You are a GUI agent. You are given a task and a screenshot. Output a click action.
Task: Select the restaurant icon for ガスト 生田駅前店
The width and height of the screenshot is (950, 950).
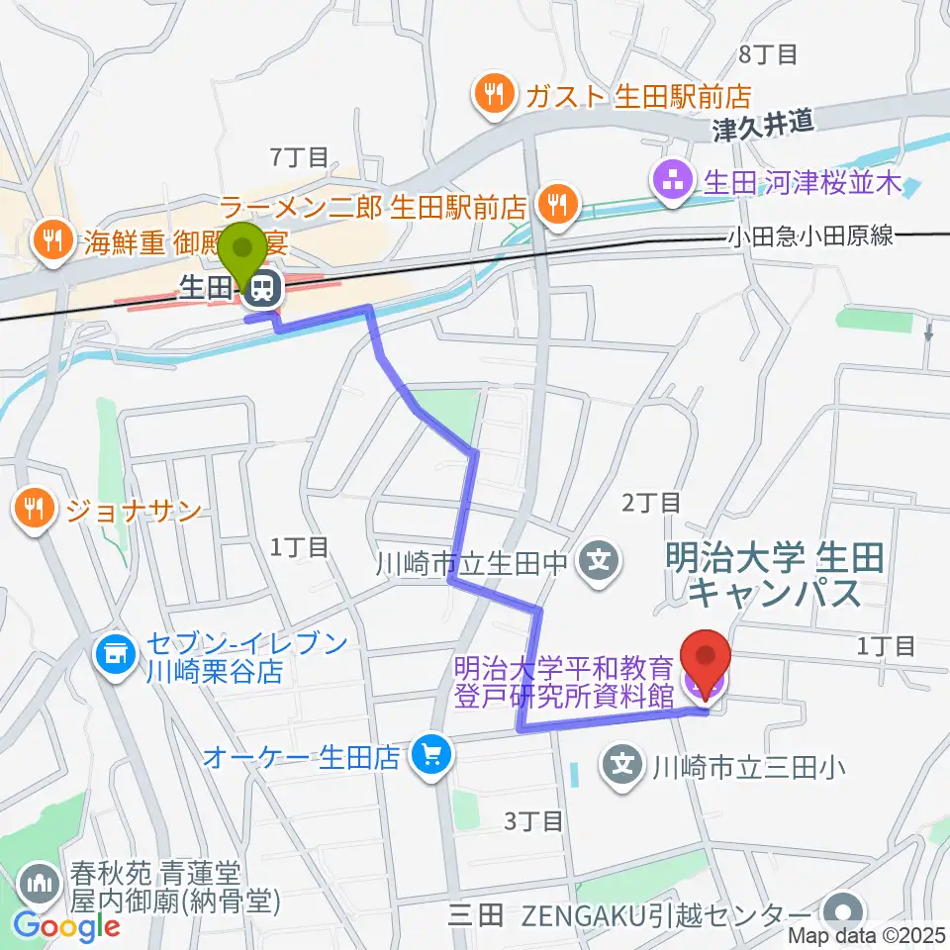(x=491, y=95)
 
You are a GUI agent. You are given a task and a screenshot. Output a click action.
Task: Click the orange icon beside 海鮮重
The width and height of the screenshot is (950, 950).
(x=47, y=238)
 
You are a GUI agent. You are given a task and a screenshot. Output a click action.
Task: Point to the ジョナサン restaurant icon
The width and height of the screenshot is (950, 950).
(x=35, y=510)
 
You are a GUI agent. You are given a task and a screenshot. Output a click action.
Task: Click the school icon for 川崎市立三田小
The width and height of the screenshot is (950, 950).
(x=622, y=765)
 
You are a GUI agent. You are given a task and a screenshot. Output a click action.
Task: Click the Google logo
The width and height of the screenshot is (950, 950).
(x=66, y=926)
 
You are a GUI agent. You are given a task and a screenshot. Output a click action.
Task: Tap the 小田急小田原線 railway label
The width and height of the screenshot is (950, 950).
(x=810, y=236)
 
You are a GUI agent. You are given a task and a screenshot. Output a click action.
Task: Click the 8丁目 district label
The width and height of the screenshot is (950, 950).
(x=767, y=54)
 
